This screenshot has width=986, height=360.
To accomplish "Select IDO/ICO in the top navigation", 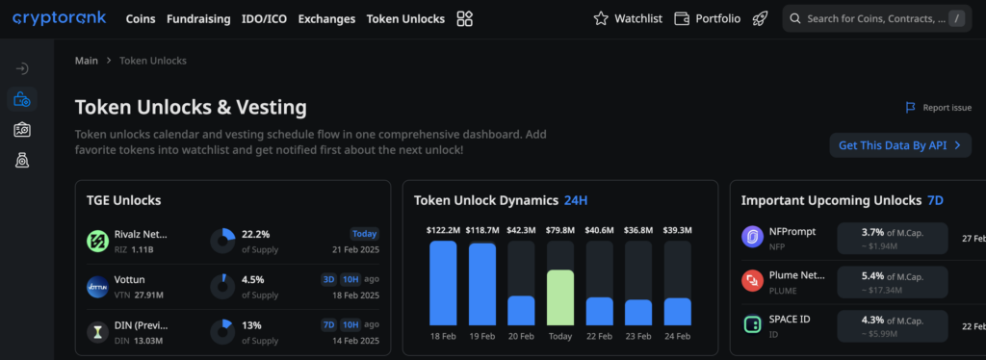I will coord(263,18).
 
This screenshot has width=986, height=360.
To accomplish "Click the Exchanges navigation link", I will coord(326,18).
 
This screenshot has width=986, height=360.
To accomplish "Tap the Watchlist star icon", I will coord(601,18).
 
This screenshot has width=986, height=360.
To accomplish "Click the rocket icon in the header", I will coord(760,18).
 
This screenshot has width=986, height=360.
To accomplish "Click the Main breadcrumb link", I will coord(87,61).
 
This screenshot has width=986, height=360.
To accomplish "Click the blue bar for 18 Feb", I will coord(443,282).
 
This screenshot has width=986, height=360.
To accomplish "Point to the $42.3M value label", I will coord(521,230).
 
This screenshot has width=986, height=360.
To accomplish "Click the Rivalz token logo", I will coord(98,241).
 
